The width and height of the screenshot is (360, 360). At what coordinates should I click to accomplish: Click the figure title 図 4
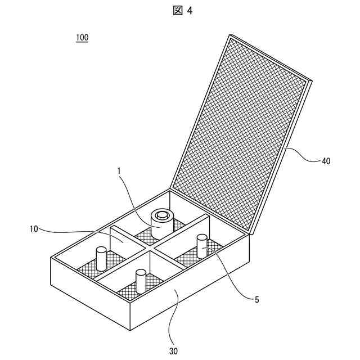[x=181, y=11]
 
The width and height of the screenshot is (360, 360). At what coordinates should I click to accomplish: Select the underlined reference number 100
[x=82, y=38]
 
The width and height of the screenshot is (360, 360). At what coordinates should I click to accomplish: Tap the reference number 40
[x=326, y=161]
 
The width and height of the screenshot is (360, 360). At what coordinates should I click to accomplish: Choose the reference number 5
[x=256, y=300]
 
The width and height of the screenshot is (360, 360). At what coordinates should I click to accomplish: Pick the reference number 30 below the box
[x=174, y=350]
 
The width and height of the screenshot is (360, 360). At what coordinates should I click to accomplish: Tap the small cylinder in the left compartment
[x=101, y=258]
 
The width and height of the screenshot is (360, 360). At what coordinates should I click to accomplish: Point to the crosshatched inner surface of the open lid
[x=242, y=129]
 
